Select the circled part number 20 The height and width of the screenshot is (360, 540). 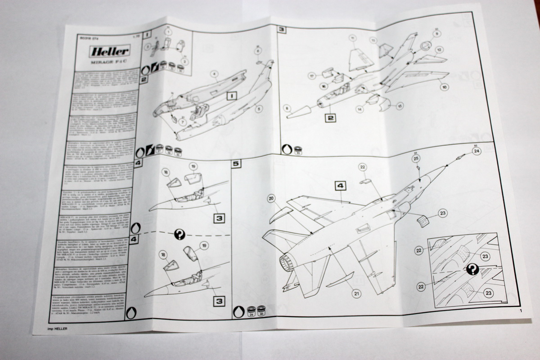click(271, 198)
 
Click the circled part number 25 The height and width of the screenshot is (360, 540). click(416, 158)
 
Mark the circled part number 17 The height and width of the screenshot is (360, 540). click(310, 76)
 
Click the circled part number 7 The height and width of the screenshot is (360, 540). click(182, 121)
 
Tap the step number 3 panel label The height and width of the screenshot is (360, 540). click(282, 30)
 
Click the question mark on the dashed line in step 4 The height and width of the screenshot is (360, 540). click(180, 234)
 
